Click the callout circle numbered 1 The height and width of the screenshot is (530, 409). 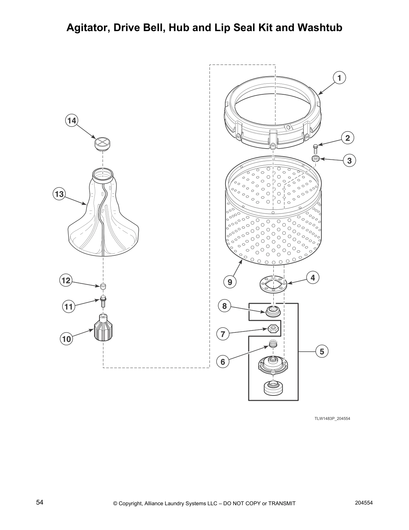pos(339,78)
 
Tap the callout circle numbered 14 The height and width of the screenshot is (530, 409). pos(72,120)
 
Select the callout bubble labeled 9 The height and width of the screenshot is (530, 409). pos(230,282)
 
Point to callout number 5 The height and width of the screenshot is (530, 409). pos(322,351)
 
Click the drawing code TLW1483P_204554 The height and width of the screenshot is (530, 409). pos(332,419)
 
